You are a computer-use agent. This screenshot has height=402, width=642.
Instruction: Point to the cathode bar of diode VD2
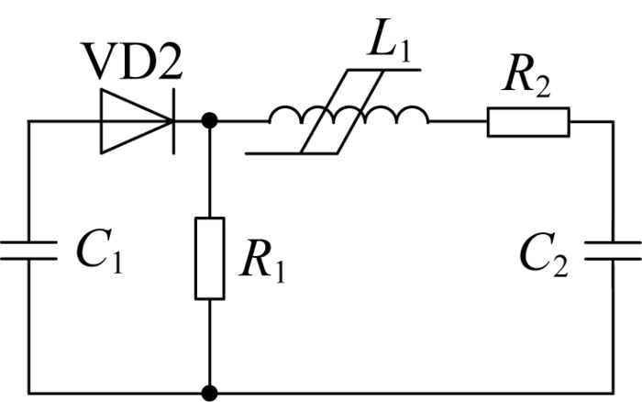pyautogui.click(x=174, y=121)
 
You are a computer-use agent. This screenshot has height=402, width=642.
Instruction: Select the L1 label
pyautogui.click(x=389, y=40)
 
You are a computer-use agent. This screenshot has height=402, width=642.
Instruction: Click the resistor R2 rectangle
pyautogui.click(x=528, y=122)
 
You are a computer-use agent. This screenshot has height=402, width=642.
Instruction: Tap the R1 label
pyautogui.click(x=262, y=262)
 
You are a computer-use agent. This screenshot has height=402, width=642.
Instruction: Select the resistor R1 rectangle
pyautogui.click(x=210, y=259)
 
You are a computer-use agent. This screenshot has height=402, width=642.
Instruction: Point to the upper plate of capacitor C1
pyautogui.click(x=28, y=242)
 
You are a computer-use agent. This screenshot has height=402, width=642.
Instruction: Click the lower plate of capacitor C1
pyautogui.click(x=28, y=259)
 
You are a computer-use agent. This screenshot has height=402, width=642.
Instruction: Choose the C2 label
pyautogui.click(x=544, y=255)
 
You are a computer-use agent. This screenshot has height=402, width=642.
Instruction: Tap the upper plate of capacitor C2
pyautogui.click(x=613, y=243)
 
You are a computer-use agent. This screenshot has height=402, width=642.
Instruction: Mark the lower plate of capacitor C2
pyautogui.click(x=613, y=260)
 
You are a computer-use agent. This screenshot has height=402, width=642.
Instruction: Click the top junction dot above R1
pyautogui.click(x=210, y=121)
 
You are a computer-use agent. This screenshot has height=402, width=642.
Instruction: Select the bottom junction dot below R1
pyautogui.click(x=210, y=393)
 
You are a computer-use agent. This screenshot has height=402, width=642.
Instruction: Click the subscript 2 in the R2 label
pyautogui.click(x=542, y=88)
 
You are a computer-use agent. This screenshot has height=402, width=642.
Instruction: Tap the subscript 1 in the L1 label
pyautogui.click(x=404, y=52)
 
